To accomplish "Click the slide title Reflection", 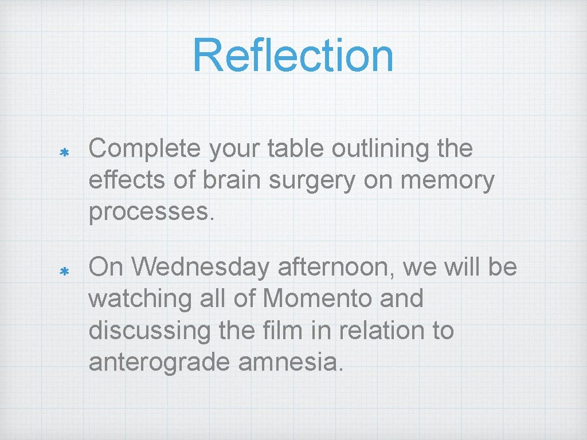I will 293,56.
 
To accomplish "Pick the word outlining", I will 382,149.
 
